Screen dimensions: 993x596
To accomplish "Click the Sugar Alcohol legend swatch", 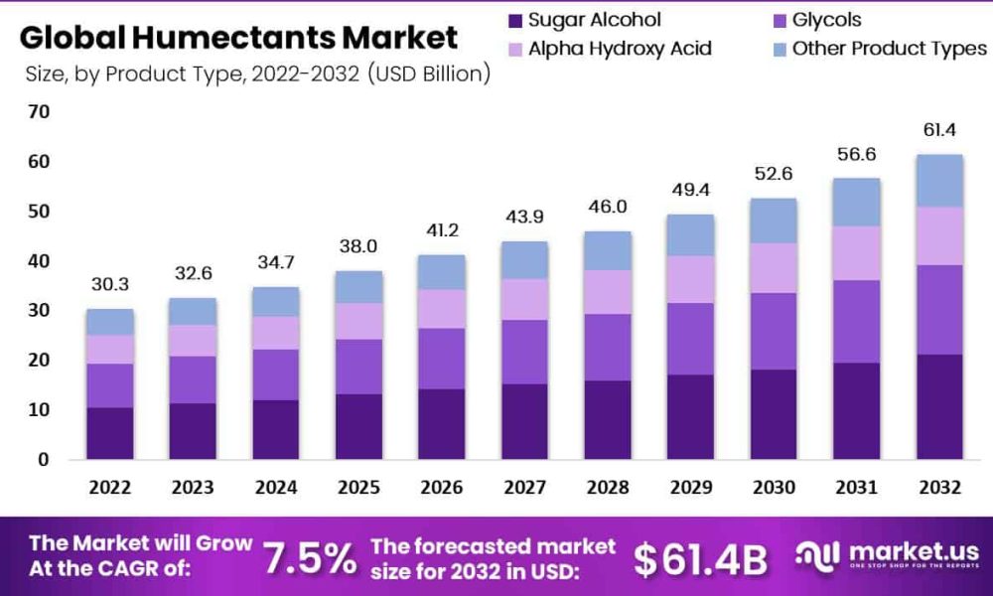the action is (515, 21).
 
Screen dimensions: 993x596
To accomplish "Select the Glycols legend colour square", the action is (780, 21).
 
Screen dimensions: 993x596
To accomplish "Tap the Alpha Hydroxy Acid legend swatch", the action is (515, 50).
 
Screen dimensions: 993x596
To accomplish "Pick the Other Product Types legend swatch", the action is (780, 50).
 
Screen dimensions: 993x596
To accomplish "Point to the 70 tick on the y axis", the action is (39, 112).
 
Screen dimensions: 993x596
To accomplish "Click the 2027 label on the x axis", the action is (524, 487).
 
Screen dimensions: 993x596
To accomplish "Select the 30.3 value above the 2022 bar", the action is (109, 284).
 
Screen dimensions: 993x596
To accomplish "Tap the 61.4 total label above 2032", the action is (939, 130).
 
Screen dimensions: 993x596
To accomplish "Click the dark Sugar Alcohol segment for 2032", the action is (939, 406).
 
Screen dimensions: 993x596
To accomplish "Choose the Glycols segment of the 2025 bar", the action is (359, 367).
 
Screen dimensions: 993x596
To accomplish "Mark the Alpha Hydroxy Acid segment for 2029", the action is (690, 279).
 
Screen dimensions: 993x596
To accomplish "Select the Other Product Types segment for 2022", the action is (110, 322).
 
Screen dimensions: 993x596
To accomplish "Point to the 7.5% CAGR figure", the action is (310, 558).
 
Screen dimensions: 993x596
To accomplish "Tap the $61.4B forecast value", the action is (700, 559).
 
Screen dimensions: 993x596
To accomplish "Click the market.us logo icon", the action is (817, 555).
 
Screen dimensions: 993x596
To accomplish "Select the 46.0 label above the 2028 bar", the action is (608, 207).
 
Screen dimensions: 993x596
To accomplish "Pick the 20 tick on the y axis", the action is (39, 361).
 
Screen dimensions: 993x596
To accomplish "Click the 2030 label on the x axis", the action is (774, 487).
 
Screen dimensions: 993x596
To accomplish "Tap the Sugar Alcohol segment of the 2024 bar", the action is (275, 429).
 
